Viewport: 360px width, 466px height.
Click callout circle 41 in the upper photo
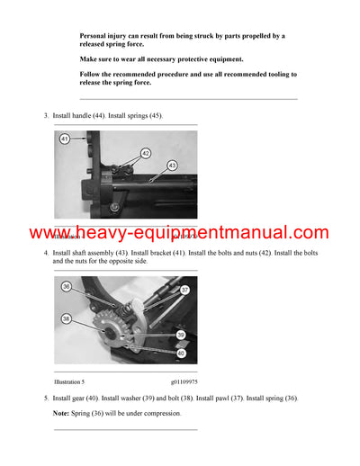(x=65, y=139)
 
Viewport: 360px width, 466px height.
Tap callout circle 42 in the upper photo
(x=146, y=154)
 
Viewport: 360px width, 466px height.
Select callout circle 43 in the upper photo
(x=172, y=166)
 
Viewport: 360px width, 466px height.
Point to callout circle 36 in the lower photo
(x=66, y=286)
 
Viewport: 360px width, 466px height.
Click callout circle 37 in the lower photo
(x=184, y=290)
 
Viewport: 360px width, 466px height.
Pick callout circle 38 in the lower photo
(x=66, y=318)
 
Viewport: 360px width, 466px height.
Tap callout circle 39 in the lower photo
(x=180, y=334)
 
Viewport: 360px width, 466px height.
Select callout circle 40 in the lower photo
(x=181, y=354)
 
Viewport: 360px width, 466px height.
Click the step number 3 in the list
(x=46, y=116)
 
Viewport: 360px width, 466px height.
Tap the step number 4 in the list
(x=46, y=255)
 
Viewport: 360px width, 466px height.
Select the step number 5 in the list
(x=46, y=398)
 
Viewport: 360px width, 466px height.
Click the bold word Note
(x=62, y=413)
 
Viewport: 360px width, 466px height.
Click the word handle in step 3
(x=82, y=116)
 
